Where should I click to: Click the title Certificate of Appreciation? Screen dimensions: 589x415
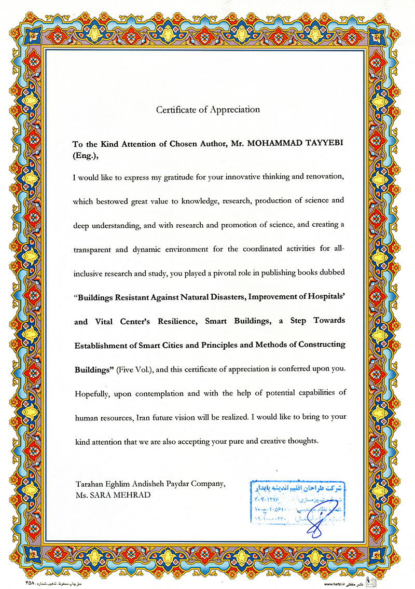pos(208,109)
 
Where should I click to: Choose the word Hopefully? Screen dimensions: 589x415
pos(93,393)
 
